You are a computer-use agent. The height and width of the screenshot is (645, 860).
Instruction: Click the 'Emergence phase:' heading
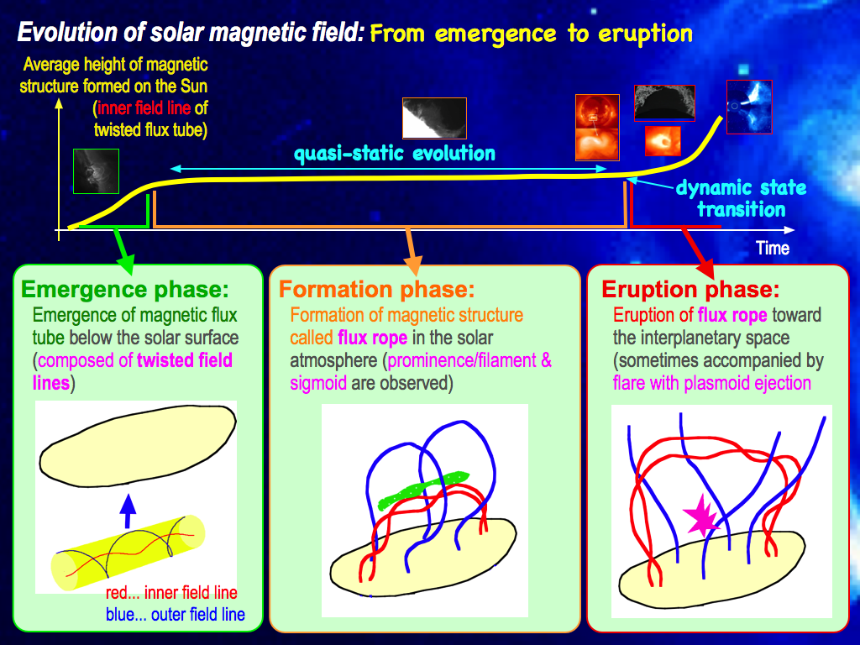(x=125, y=289)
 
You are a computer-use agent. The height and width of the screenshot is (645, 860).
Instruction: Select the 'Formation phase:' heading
(x=377, y=289)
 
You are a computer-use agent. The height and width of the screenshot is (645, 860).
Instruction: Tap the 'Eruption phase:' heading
(x=690, y=289)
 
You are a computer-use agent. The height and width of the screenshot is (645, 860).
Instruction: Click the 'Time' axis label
(x=773, y=248)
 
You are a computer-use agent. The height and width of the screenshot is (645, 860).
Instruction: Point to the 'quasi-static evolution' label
(x=395, y=154)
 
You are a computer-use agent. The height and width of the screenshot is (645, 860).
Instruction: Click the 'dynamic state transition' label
(x=741, y=198)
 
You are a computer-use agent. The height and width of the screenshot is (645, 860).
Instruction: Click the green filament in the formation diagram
(x=424, y=490)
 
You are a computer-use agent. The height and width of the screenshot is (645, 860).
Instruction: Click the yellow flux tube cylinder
(x=128, y=553)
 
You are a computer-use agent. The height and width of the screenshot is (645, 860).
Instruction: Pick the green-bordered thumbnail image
(x=96, y=171)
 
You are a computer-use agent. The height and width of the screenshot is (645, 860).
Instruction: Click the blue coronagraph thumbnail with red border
(x=749, y=107)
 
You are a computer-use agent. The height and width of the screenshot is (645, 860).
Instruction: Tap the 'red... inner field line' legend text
(x=171, y=592)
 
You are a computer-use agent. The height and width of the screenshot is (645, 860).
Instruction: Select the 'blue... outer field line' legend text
(x=176, y=614)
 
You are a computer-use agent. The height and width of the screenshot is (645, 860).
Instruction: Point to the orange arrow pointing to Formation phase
(x=412, y=251)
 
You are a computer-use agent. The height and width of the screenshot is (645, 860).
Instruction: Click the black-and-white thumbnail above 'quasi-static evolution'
(x=434, y=118)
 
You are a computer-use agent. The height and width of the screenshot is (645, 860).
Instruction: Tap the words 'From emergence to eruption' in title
(x=531, y=34)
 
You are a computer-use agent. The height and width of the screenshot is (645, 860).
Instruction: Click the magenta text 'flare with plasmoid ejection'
(x=712, y=383)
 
